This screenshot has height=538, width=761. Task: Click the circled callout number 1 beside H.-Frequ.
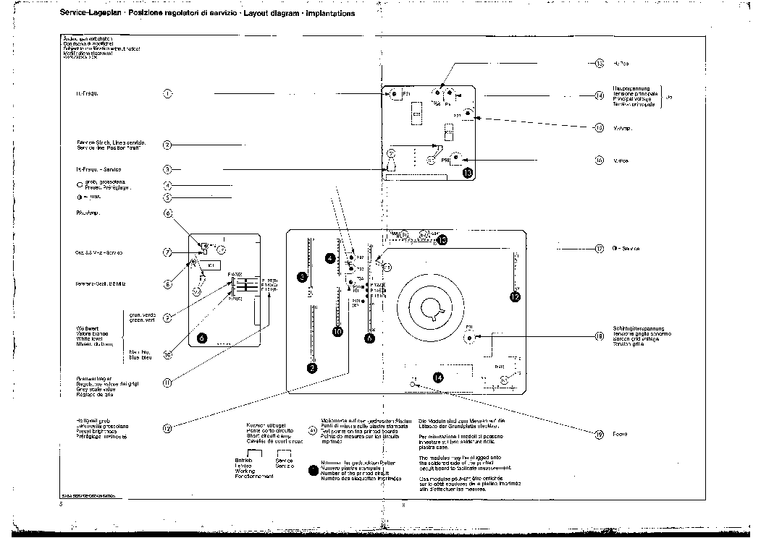167,93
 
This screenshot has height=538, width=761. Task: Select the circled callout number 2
167,145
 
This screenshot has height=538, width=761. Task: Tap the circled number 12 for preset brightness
167,428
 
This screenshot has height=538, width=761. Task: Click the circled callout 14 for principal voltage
600,95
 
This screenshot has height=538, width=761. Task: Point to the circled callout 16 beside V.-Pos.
600,161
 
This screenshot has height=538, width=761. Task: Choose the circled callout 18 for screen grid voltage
600,336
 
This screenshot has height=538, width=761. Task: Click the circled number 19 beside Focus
600,434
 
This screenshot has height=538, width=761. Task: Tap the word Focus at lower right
620,434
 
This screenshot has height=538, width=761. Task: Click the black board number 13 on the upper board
467,173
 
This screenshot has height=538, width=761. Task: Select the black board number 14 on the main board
437,376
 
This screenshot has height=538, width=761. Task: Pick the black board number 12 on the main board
515,296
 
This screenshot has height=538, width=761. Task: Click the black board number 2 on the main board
311,368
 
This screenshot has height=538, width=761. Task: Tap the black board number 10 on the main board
337,331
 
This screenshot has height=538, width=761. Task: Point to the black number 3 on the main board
302,276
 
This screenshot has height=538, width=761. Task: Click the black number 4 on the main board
330,257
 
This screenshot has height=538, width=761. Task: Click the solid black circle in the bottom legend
313,470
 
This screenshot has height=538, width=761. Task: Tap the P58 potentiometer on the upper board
458,158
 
